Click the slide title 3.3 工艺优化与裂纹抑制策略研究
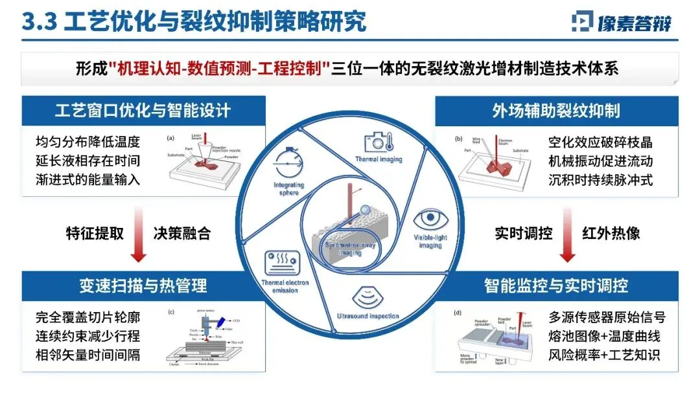(194, 21)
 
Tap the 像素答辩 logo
(622, 22)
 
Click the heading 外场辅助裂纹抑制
(556, 111)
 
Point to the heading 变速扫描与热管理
(143, 285)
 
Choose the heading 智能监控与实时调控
(556, 285)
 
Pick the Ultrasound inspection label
(366, 316)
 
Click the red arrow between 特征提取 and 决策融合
(138, 233)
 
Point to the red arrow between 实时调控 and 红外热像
(568, 233)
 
